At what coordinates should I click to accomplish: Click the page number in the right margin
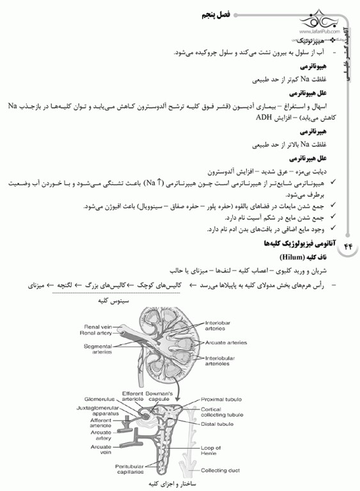(348, 245)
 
